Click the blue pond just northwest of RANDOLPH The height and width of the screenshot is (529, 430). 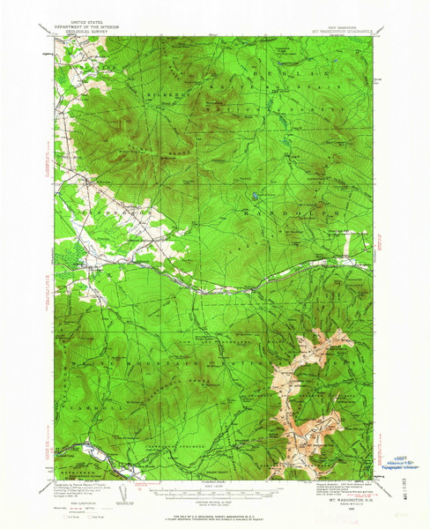click(255, 196)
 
